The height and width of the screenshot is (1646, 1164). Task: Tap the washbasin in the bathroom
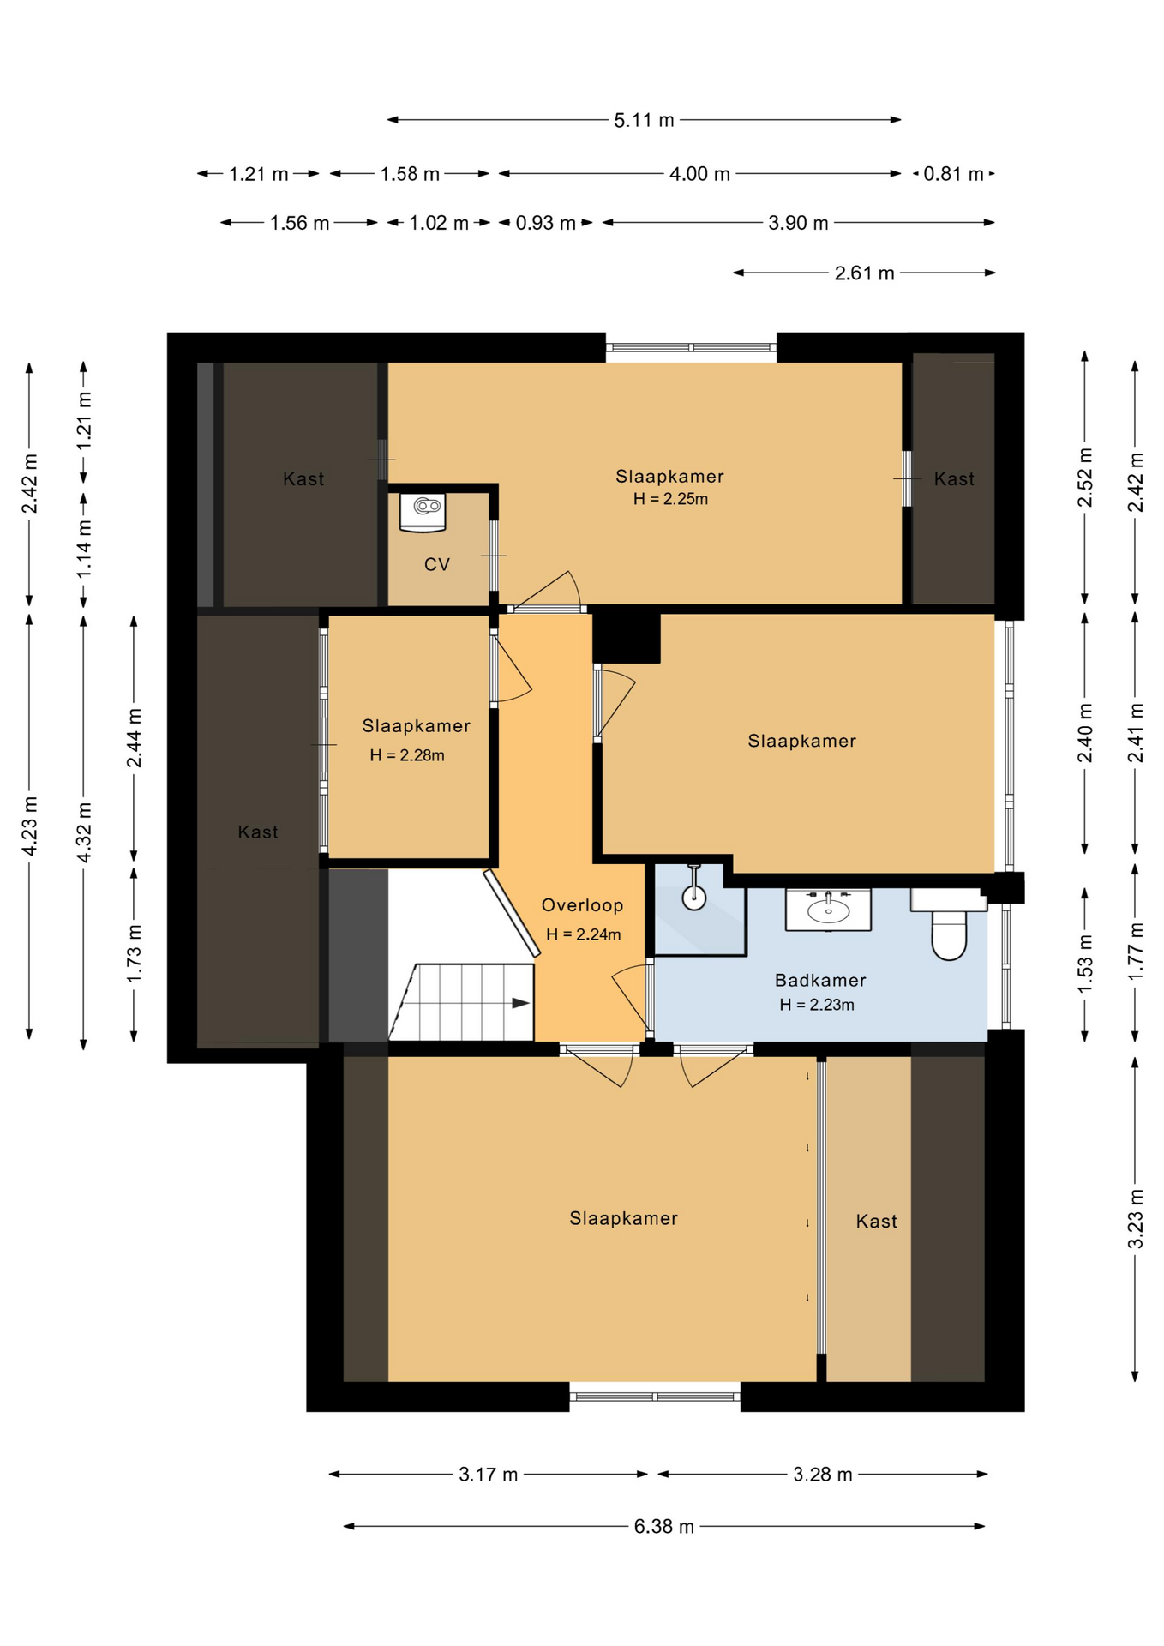click(828, 910)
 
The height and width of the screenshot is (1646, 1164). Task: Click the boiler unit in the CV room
click(423, 511)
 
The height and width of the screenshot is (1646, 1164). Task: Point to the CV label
click(437, 564)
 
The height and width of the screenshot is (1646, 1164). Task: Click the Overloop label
click(582, 905)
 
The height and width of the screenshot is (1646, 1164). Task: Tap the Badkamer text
click(820, 980)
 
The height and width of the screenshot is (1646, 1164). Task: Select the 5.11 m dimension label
click(644, 120)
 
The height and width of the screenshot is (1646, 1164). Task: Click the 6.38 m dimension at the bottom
click(664, 1527)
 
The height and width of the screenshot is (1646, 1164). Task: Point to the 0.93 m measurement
click(545, 223)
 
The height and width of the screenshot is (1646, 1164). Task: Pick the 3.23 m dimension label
click(1135, 1218)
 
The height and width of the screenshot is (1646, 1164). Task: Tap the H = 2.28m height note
click(407, 755)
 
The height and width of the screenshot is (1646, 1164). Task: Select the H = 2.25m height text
click(670, 499)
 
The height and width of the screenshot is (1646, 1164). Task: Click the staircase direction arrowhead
click(521, 1003)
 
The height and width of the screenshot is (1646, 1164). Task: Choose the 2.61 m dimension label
click(864, 273)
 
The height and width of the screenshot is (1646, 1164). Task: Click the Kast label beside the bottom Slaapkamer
click(876, 1222)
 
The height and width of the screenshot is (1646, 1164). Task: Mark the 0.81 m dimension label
click(953, 174)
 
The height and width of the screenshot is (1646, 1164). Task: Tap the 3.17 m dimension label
click(488, 1475)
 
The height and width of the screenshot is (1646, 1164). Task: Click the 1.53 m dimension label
click(1084, 964)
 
